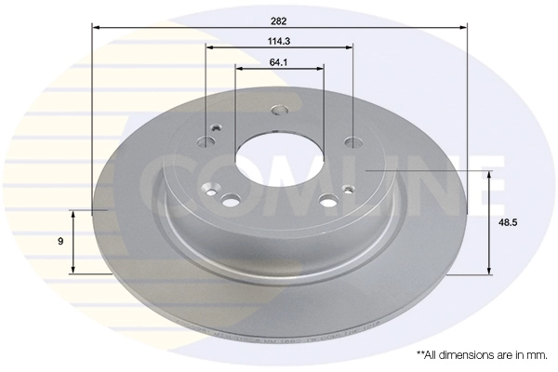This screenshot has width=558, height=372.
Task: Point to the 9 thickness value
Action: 60,242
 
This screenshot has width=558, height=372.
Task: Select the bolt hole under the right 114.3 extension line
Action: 352,142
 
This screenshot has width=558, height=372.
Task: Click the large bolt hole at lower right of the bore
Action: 326,200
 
